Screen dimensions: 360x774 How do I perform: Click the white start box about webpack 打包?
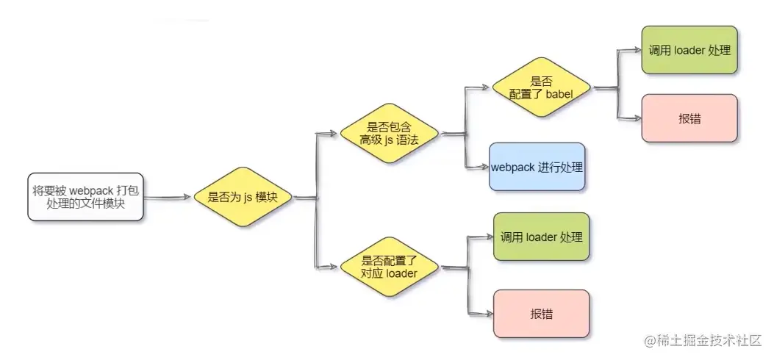(x=85, y=197)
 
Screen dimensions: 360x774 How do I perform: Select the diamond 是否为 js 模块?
(x=243, y=197)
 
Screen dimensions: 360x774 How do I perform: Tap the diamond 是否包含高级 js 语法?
(x=389, y=133)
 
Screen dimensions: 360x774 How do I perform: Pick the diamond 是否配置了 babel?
(x=541, y=87)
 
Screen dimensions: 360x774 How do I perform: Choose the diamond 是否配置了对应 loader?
(x=389, y=267)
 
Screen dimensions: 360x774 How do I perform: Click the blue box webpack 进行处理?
(x=537, y=167)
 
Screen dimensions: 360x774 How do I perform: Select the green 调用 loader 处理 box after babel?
(x=689, y=51)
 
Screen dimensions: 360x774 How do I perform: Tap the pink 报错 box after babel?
(x=689, y=118)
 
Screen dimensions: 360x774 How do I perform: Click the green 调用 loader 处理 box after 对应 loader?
(x=541, y=237)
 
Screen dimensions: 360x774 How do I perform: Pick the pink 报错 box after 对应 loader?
(x=541, y=314)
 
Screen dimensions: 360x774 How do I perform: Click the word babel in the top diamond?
(x=558, y=94)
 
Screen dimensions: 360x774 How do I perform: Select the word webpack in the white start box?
(x=91, y=190)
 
